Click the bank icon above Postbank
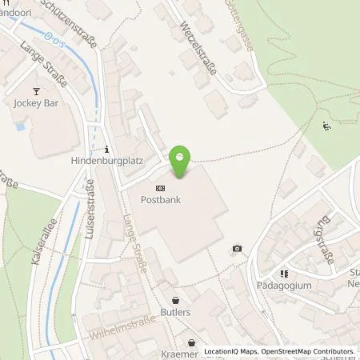click(x=161, y=188)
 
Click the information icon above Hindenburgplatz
click(x=106, y=149)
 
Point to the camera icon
click(x=237, y=249)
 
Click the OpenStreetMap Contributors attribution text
click(x=310, y=351)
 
